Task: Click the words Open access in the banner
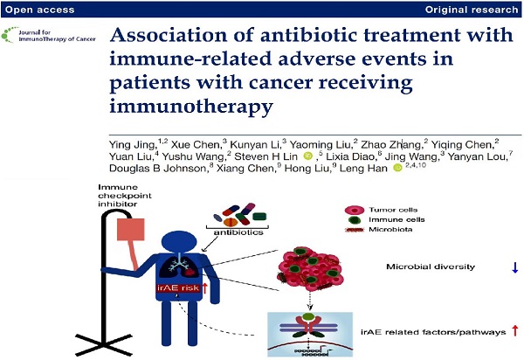pyautogui.click(x=40, y=10)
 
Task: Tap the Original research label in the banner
pyautogui.click(x=472, y=10)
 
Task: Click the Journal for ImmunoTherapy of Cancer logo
pyautogui.click(x=48, y=35)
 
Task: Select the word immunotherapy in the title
pyautogui.click(x=191, y=107)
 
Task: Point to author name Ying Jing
pyautogui.click(x=133, y=145)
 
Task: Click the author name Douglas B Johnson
pyautogui.click(x=158, y=168)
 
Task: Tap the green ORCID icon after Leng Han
pyautogui.click(x=397, y=168)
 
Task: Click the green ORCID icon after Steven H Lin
pyautogui.click(x=308, y=156)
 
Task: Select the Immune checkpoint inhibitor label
pyautogui.click(x=125, y=196)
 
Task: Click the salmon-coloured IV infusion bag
pyautogui.click(x=131, y=229)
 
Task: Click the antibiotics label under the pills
pyautogui.click(x=238, y=232)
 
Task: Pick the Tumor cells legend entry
pyautogui.click(x=382, y=210)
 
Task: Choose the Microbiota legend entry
pyautogui.click(x=379, y=230)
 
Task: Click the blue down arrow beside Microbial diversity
pyautogui.click(x=515, y=267)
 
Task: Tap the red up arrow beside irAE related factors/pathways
pyautogui.click(x=515, y=331)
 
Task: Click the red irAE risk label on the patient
pyautogui.click(x=178, y=287)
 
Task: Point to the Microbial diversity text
pyautogui.click(x=431, y=267)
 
